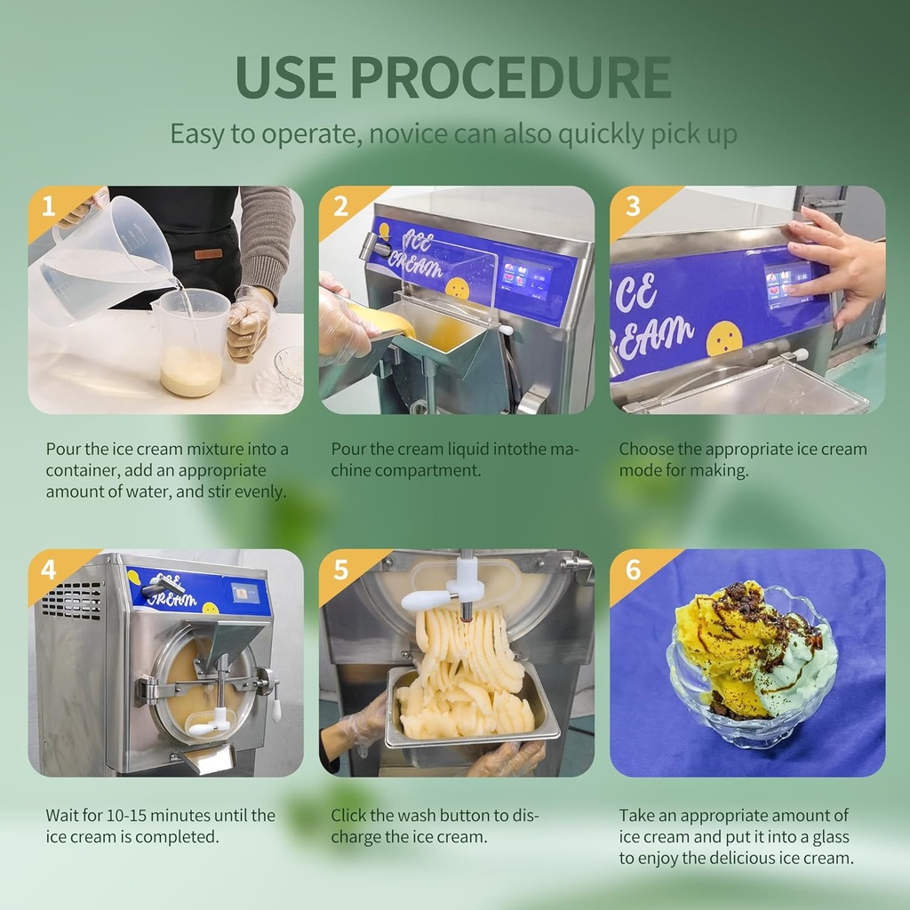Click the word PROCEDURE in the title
[511, 78]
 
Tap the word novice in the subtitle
[411, 134]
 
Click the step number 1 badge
[49, 207]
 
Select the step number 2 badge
[340, 207]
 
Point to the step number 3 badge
[632, 207]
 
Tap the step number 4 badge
[49, 570]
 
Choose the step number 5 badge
[340, 570]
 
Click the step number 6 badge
[632, 570]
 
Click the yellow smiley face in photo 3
[724, 339]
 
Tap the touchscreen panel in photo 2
[526, 278]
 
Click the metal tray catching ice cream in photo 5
[471, 711]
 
